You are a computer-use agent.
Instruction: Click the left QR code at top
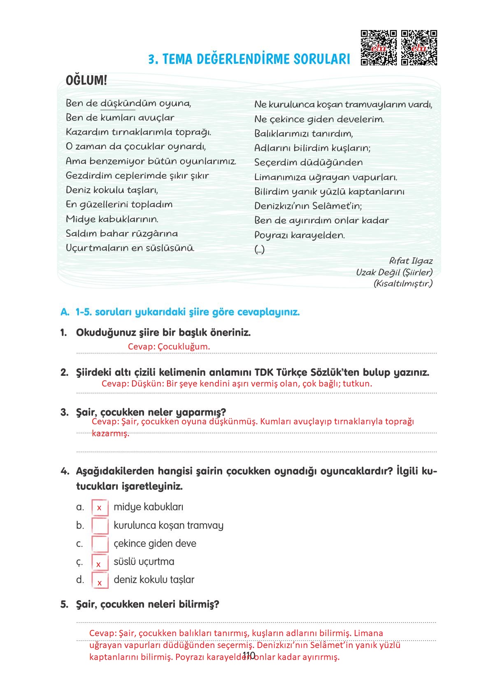coord(379,48)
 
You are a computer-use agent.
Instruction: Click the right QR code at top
coord(419,48)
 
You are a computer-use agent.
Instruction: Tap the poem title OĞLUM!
coord(86,81)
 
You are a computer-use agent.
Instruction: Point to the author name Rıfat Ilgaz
coord(411,261)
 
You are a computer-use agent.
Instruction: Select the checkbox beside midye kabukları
coord(100,507)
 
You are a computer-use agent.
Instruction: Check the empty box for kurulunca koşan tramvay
coord(100,525)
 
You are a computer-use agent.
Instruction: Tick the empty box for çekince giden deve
coord(100,544)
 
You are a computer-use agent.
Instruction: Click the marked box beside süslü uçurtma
coord(100,562)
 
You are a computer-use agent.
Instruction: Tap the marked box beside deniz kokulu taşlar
coord(100,580)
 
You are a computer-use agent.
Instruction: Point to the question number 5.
coord(64,604)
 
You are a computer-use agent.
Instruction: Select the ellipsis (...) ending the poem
coord(260,250)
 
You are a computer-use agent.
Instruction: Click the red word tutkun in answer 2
coord(357,384)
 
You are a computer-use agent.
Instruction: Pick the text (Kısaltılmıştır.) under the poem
coord(403,283)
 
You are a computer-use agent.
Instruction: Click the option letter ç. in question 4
coord(79,562)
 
